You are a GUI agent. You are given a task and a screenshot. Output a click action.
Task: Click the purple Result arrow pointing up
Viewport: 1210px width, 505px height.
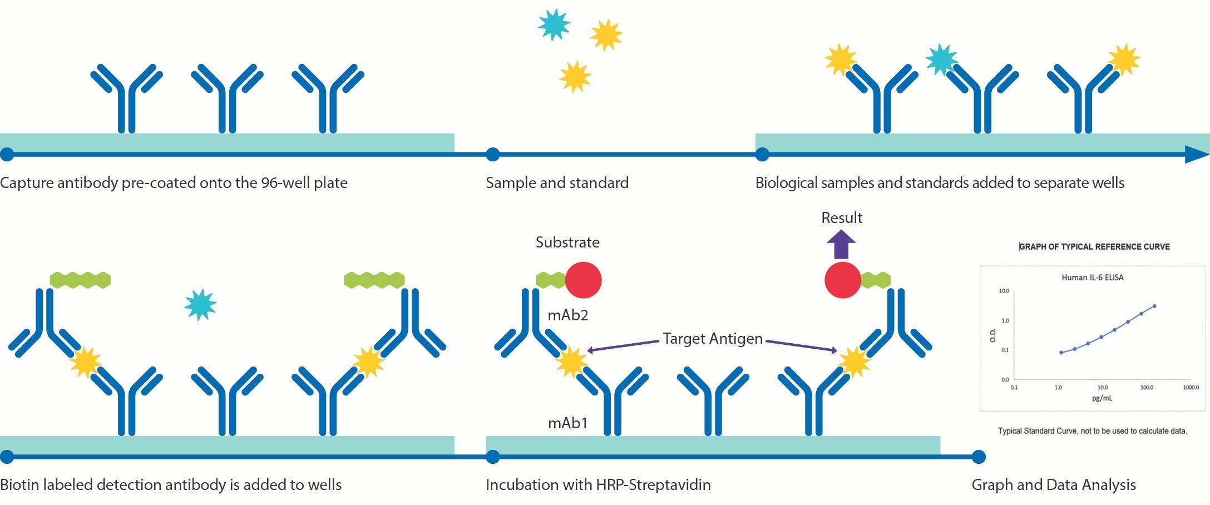click(x=841, y=245)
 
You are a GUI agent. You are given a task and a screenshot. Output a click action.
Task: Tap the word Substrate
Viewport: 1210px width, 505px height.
click(x=567, y=242)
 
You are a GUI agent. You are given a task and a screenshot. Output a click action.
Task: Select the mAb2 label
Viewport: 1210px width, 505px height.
click(x=568, y=315)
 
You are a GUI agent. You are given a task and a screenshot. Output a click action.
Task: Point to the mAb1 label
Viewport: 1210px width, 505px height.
click(x=568, y=423)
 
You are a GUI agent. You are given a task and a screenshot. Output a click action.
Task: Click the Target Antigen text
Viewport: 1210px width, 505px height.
click(x=713, y=339)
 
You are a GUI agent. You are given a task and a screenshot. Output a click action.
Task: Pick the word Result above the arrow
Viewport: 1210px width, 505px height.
click(x=842, y=218)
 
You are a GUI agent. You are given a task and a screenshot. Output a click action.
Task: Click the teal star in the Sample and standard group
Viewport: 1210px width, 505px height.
click(x=554, y=24)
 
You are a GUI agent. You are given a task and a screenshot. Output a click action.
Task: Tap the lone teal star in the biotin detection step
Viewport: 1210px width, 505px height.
click(x=200, y=304)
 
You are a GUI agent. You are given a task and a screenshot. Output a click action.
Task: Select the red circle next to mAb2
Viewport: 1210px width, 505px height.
click(x=584, y=280)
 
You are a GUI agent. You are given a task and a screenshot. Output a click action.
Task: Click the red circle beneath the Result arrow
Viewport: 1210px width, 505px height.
click(x=843, y=280)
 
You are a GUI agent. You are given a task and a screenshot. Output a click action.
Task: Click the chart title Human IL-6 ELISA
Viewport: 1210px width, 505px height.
click(x=1093, y=278)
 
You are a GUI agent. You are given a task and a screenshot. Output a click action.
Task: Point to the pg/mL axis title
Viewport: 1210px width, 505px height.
click(x=1102, y=398)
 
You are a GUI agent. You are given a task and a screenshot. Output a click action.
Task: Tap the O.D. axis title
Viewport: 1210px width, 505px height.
click(x=992, y=335)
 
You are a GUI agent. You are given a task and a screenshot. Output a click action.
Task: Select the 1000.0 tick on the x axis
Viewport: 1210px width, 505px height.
click(x=1191, y=388)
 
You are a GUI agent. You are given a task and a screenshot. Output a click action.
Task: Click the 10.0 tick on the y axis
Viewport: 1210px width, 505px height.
click(x=1004, y=291)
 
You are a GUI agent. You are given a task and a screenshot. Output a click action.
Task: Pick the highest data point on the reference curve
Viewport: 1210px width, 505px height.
click(x=1154, y=306)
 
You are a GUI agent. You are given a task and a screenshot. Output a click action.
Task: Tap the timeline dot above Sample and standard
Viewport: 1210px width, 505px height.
click(x=493, y=155)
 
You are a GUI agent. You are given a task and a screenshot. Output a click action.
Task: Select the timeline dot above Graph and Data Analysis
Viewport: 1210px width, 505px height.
click(x=979, y=457)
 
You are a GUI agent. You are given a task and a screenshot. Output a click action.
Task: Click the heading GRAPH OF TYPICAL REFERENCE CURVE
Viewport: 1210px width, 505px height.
click(x=1094, y=247)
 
